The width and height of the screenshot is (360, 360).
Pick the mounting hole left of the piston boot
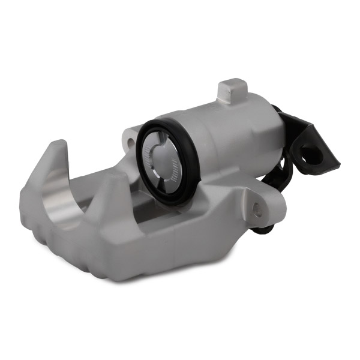pos(128,141)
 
